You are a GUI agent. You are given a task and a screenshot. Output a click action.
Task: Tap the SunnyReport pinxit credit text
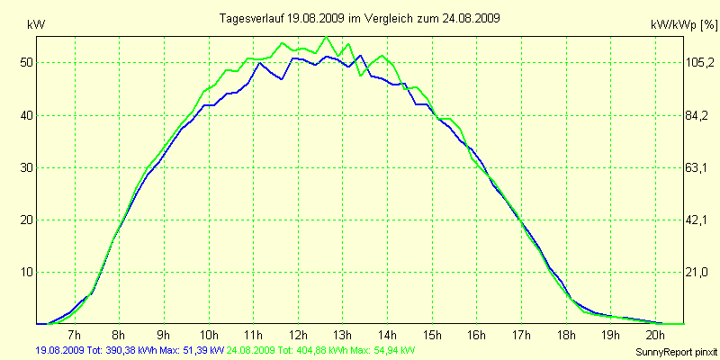click(675, 351)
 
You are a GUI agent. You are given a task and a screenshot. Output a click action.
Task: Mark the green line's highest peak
click(326, 37)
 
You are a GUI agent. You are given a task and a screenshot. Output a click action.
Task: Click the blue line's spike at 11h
click(261, 63)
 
